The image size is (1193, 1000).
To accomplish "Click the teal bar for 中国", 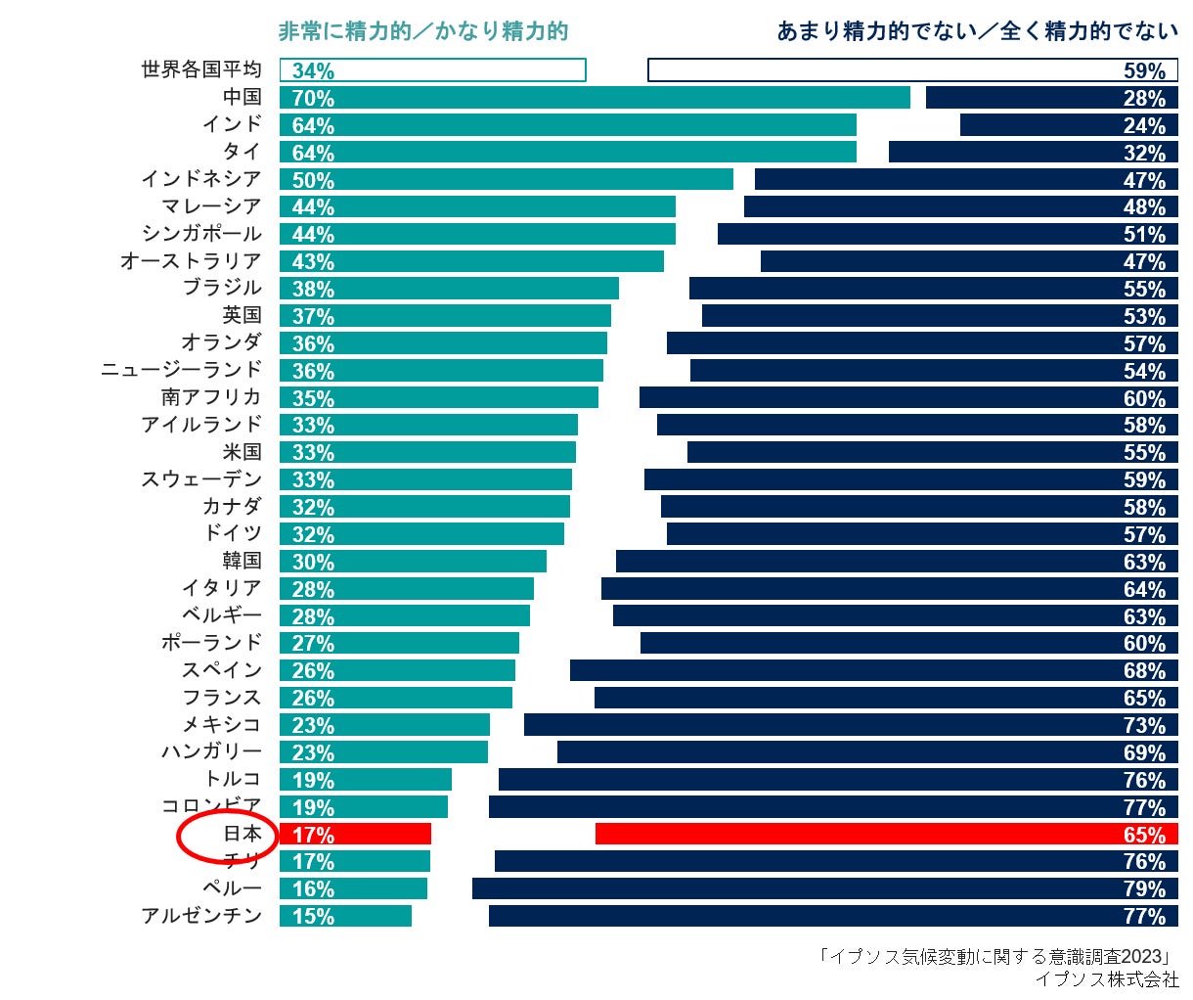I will coord(595,98).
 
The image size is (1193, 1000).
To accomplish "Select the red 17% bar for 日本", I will coord(356,834).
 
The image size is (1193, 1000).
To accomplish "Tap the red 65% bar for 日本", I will coord(886,834).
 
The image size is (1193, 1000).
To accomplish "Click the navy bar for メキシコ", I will coord(851,725).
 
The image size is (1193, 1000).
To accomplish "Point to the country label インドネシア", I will coord(201,179).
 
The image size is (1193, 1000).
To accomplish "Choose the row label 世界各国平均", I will coord(201,69).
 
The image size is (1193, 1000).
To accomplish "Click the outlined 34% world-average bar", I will coord(432,70).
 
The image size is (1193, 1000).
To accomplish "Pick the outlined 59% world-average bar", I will coord(912,70).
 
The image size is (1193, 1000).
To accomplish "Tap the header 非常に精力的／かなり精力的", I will coord(422,31).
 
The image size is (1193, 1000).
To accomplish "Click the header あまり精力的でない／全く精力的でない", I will coord(977,31).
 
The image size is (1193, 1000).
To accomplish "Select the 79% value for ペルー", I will coord(1144,889).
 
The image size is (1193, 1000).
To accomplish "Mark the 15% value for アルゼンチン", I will coord(313,917).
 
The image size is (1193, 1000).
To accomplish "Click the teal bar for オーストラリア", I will coord(471,261).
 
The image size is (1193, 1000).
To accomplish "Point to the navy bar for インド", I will coord(1069,125).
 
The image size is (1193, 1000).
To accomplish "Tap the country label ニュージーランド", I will coord(182,370).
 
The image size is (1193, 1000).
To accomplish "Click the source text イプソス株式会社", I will coord(1107,979).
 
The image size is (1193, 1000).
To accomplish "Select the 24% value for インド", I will coord(1144,126).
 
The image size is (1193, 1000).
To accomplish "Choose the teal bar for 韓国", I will coord(413,562).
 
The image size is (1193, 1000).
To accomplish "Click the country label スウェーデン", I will coord(201,479).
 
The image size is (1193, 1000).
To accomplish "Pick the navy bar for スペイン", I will coord(873,670).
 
